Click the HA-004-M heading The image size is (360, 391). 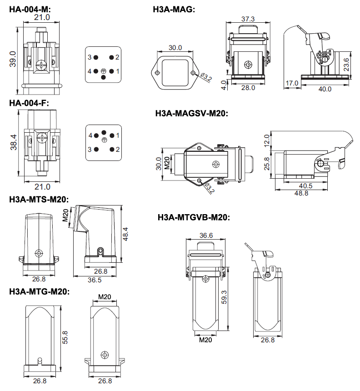(30, 9)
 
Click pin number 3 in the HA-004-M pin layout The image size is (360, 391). (90, 57)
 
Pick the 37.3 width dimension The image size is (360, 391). (248, 19)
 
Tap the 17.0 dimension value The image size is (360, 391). (292, 83)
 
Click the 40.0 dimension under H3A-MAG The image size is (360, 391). (325, 89)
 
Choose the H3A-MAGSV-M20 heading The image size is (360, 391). (191, 114)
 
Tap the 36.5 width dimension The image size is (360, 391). (94, 280)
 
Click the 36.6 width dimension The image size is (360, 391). (206, 236)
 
